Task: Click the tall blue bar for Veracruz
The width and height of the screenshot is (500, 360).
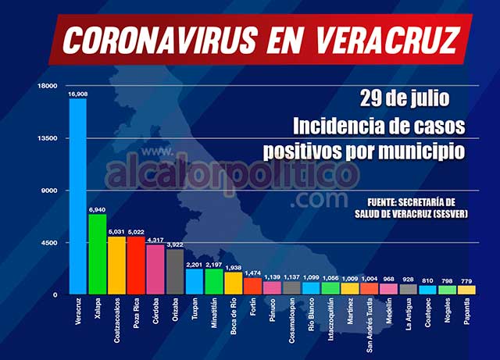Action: tap(77, 195)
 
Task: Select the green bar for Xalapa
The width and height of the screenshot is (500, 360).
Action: tap(97, 254)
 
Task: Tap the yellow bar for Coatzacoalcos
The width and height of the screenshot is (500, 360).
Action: tap(116, 266)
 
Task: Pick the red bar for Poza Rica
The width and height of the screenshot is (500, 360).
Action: tap(136, 266)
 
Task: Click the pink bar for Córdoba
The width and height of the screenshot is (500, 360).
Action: tap(155, 269)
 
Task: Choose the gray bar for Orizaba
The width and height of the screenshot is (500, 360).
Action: tap(175, 272)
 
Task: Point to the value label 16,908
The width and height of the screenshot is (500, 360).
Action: tap(77, 94)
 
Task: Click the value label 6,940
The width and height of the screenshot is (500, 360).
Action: tap(97, 209)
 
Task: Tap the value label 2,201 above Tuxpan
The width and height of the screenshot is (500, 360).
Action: tap(194, 264)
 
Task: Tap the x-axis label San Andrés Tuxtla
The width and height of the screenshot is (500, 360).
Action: tap(370, 325)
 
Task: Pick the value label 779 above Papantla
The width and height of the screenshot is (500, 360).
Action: tap(466, 281)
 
